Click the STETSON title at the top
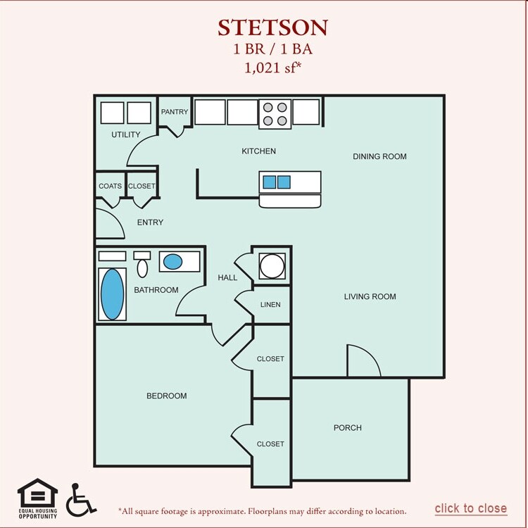pos(272,27)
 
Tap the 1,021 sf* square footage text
pos(272,68)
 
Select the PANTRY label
pos(175,112)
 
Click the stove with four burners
pos(275,113)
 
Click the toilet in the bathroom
pos(142,266)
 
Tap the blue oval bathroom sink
pos(172,263)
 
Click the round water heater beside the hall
pos(271,266)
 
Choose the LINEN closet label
pos(270,305)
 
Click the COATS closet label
pos(110,187)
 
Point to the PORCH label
pos(348,428)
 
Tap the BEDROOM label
pos(167,396)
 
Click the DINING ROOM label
pos(379,156)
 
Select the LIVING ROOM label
pos(370,296)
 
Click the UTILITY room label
pos(126,134)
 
